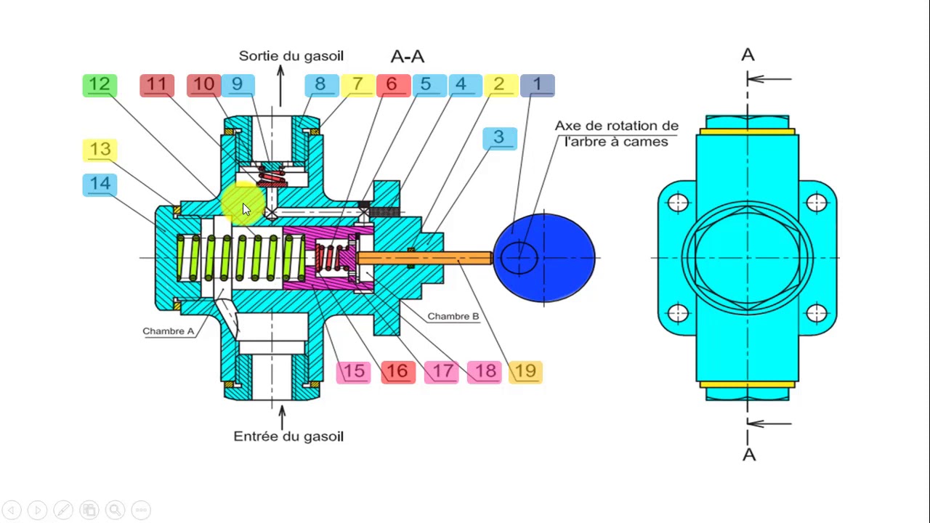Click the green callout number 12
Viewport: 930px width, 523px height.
tap(100, 86)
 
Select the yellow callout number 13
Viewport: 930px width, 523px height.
tap(100, 150)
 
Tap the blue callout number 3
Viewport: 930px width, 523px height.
tap(499, 138)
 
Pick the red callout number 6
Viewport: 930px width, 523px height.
tap(393, 86)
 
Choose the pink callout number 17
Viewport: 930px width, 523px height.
tap(441, 372)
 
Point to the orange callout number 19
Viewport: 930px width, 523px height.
tap(525, 372)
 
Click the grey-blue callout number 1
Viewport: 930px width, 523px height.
tap(538, 86)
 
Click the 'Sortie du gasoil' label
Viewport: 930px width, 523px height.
tap(291, 56)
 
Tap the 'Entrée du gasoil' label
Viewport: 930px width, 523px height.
tap(288, 437)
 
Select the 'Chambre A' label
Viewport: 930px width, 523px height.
tap(168, 331)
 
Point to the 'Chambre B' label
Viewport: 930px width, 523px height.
tap(453, 316)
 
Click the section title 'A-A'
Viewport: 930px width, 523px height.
tap(408, 57)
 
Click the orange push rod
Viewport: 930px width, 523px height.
tap(424, 258)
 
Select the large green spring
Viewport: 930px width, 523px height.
tap(240, 258)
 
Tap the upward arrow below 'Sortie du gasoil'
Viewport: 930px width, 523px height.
tap(280, 86)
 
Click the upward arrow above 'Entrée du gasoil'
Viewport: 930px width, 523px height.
tap(283, 418)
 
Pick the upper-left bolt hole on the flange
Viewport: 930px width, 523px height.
tap(678, 203)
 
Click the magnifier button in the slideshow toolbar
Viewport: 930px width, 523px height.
tap(115, 510)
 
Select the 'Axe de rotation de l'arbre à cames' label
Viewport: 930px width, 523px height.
tap(617, 134)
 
